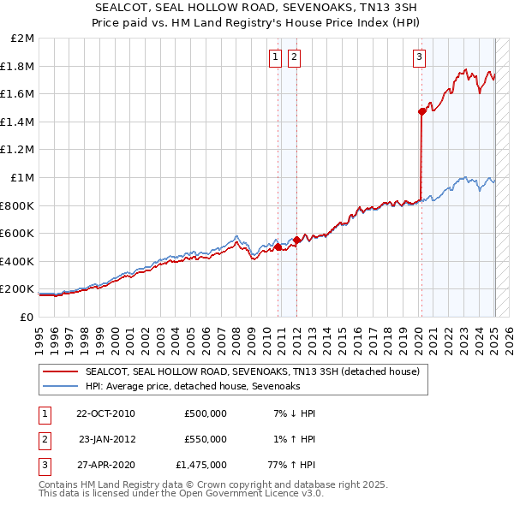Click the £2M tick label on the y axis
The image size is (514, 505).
click(x=22, y=39)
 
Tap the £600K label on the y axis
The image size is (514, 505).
click(x=18, y=233)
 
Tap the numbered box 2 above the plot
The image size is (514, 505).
click(x=294, y=57)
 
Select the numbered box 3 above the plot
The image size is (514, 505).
click(x=419, y=57)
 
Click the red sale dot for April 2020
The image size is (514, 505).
click(x=421, y=111)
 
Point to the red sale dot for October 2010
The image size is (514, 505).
click(x=278, y=247)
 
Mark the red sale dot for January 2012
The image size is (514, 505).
click(x=296, y=241)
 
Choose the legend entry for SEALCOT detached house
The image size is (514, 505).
click(x=252, y=371)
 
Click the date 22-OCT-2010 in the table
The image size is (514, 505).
click(x=105, y=413)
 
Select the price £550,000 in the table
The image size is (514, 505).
click(x=206, y=439)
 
